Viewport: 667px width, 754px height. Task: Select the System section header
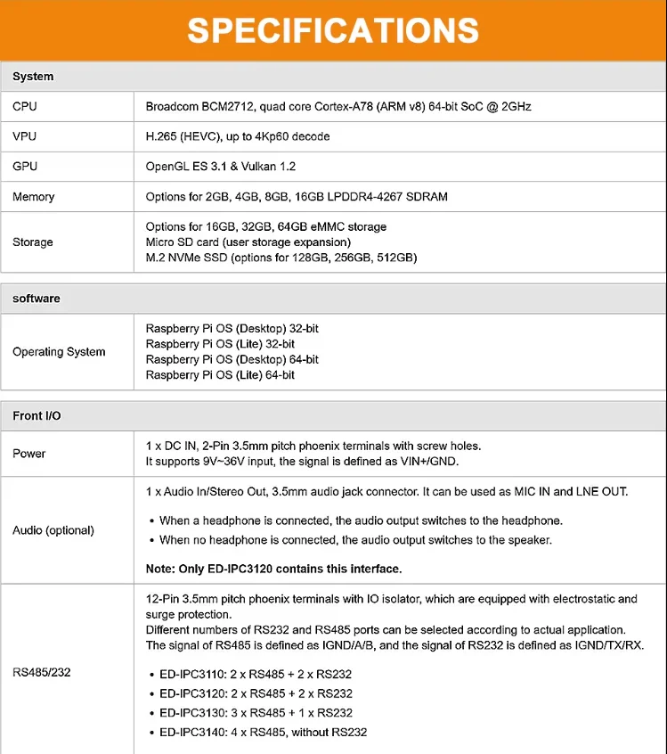click(33, 77)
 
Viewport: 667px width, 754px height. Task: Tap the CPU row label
click(25, 107)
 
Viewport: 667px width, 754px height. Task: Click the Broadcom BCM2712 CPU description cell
click(338, 107)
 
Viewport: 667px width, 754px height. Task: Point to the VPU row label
click(25, 136)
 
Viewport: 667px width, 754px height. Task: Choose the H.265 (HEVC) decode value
click(238, 136)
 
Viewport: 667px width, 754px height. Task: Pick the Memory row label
click(33, 197)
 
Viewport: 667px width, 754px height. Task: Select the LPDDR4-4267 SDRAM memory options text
click(297, 197)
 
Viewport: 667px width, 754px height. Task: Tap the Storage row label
click(33, 242)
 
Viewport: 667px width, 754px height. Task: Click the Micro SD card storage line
click(248, 242)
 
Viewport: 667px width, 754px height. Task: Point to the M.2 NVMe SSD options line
click(281, 258)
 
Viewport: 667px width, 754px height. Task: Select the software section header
click(37, 299)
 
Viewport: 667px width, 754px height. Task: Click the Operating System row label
click(59, 352)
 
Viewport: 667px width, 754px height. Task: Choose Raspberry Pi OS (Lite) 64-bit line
click(220, 375)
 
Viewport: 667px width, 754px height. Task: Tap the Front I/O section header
click(37, 416)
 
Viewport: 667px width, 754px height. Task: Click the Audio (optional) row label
click(53, 530)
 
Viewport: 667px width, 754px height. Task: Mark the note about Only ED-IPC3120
click(273, 569)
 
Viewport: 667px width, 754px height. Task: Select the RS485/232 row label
click(42, 672)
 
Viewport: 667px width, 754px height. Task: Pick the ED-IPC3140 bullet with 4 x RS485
click(263, 732)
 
